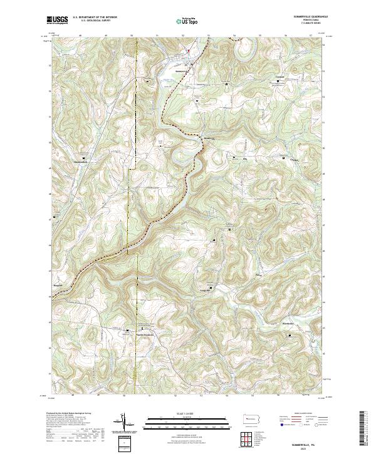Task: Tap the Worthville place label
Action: pos(288,324)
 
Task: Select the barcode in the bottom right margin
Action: pos(365,429)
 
